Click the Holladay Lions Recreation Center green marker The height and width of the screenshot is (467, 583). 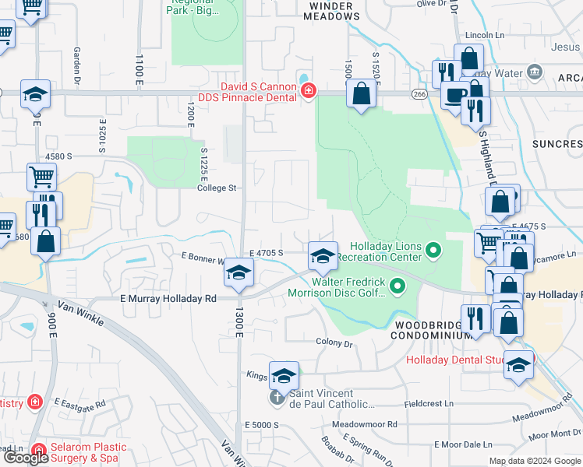pos(434,251)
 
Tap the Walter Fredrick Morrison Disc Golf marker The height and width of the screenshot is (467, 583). pos(397,287)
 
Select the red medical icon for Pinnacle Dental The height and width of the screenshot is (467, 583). pos(309,92)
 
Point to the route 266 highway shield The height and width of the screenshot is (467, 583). pos(418,93)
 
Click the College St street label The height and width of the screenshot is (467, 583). pos(217,188)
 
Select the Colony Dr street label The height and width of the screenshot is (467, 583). pos(334,342)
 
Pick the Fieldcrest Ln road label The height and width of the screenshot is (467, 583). pos(429,404)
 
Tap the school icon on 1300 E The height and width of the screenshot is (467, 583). pos(239,273)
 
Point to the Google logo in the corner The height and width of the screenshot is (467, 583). pos(25,458)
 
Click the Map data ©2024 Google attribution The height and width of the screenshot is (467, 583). pos(535,461)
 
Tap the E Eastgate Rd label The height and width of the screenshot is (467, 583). pos(79,405)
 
